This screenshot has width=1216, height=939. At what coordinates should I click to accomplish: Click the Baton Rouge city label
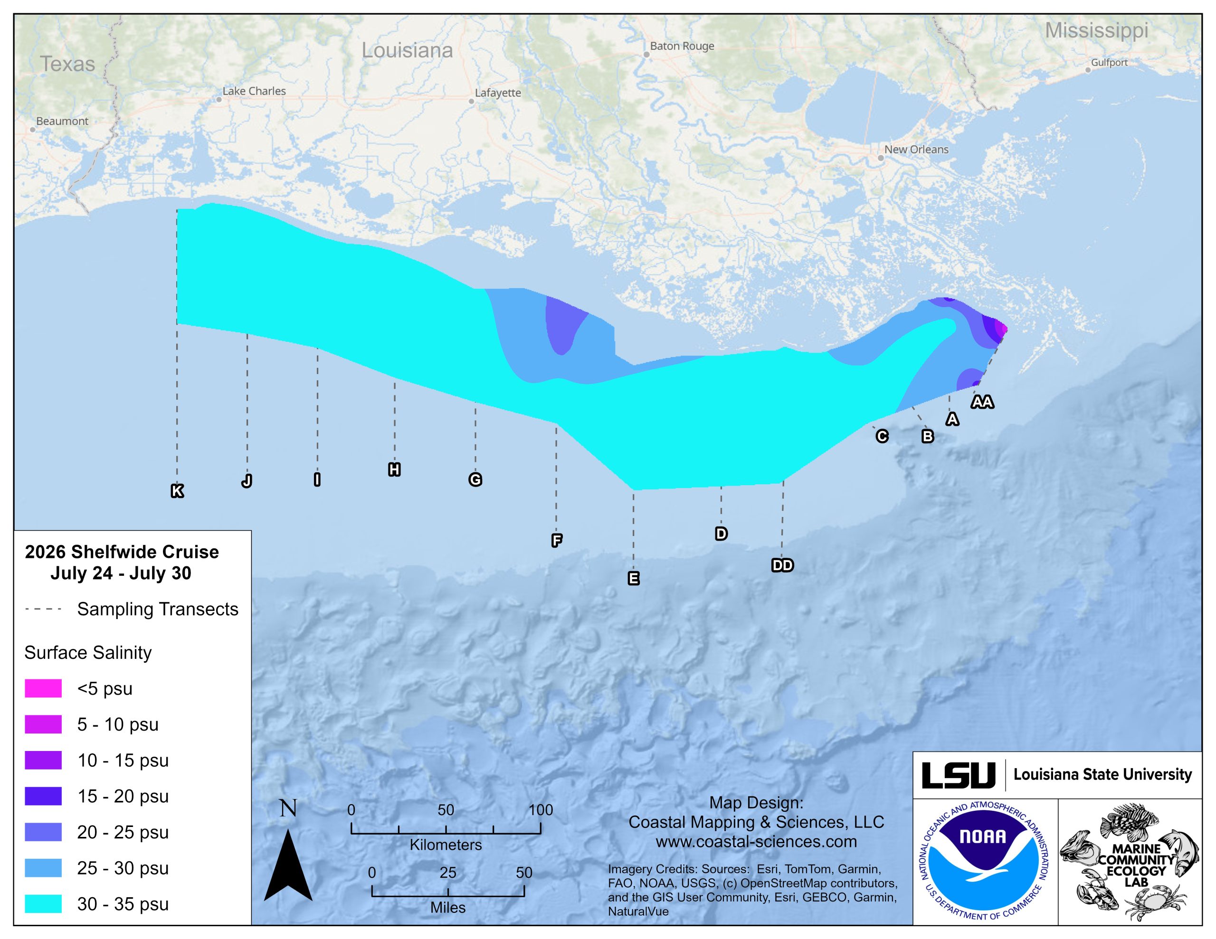(x=682, y=46)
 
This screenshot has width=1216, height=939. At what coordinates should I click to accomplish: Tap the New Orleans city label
(x=916, y=150)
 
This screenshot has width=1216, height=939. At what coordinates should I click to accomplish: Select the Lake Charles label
(x=254, y=91)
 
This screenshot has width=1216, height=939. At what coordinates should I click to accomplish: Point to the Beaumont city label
(x=62, y=122)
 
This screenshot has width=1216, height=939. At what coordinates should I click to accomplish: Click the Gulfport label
(x=1109, y=63)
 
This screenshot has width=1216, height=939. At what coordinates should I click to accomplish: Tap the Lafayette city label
(x=498, y=93)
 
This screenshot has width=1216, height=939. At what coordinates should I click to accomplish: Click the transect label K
(x=177, y=491)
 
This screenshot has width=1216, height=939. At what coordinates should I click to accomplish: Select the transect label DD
(x=782, y=565)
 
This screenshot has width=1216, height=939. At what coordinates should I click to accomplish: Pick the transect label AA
(x=982, y=402)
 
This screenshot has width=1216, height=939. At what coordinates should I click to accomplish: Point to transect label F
(x=556, y=540)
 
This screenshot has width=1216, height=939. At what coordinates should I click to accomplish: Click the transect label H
(x=394, y=470)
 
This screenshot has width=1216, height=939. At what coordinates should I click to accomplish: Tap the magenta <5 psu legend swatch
(x=43, y=688)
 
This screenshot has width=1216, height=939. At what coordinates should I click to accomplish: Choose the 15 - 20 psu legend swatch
(x=43, y=796)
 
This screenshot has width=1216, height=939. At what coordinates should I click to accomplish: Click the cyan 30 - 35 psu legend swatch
(x=43, y=904)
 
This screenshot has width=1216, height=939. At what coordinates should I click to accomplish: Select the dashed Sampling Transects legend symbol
(x=43, y=610)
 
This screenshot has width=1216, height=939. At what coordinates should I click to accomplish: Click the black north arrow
(x=288, y=865)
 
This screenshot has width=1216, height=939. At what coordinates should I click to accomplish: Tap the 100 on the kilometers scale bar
(x=541, y=810)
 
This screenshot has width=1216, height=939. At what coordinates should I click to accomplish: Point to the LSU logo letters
(x=959, y=775)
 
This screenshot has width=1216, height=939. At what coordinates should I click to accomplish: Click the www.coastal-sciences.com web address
(x=756, y=842)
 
